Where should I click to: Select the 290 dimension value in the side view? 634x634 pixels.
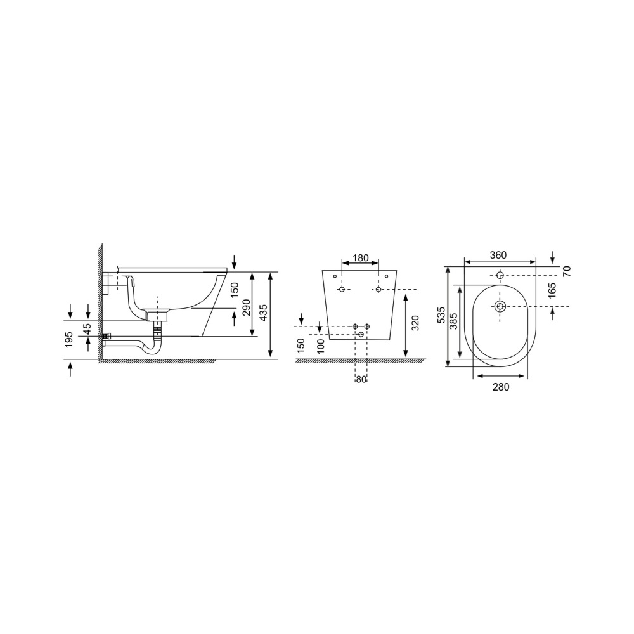[x=246, y=308]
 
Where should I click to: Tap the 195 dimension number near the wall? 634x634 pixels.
[x=68, y=340]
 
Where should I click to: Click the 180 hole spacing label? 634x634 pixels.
[x=361, y=257]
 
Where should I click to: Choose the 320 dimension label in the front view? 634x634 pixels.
[x=415, y=323]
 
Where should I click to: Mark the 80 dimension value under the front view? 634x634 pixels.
[x=361, y=379]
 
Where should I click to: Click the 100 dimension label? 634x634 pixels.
[x=321, y=346]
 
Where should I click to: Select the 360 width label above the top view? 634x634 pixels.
[x=498, y=255]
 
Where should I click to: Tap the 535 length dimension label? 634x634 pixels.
[x=441, y=315]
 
